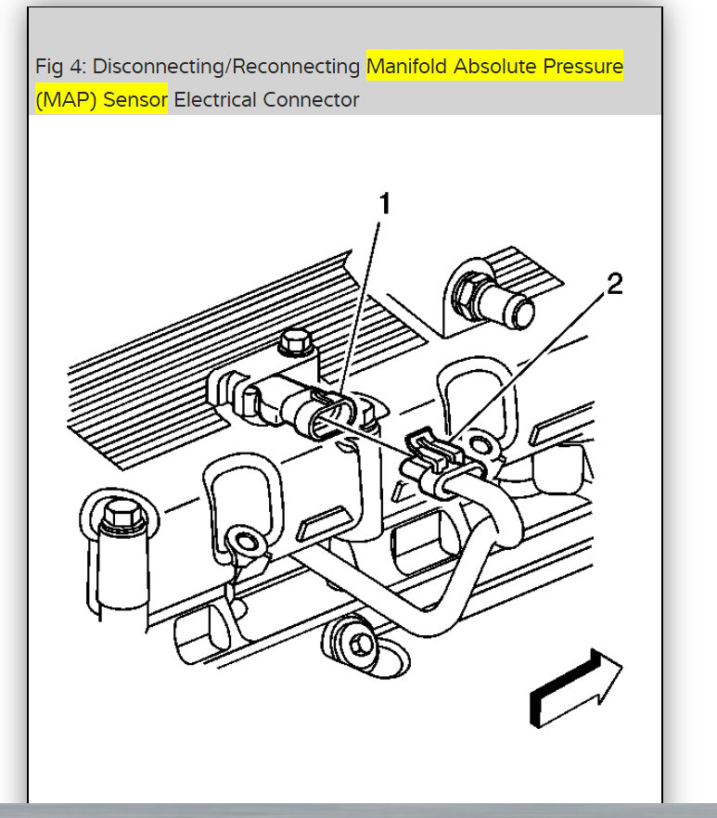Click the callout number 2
point(613,284)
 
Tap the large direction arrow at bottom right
point(576,686)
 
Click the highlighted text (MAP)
point(66,99)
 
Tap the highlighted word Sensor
point(134,99)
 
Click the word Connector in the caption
point(311,99)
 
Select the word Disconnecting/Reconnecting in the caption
point(226,67)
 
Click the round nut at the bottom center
point(354,639)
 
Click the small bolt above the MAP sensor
point(295,341)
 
